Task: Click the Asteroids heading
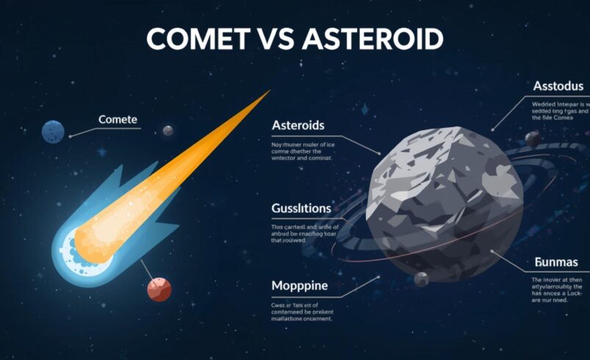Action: tap(298, 126)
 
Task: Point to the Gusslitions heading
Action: tap(301, 208)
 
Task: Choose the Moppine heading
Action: tap(300, 285)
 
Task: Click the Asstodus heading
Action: tap(558, 87)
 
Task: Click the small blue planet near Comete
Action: tap(53, 132)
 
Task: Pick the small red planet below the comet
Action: tap(159, 289)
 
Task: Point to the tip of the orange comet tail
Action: tap(267, 93)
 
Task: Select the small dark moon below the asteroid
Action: tap(421, 279)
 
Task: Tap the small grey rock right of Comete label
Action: tap(168, 131)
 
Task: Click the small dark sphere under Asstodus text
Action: tap(533, 138)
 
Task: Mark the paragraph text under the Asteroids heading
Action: tap(302, 151)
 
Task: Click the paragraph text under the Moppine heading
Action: tap(302, 313)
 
